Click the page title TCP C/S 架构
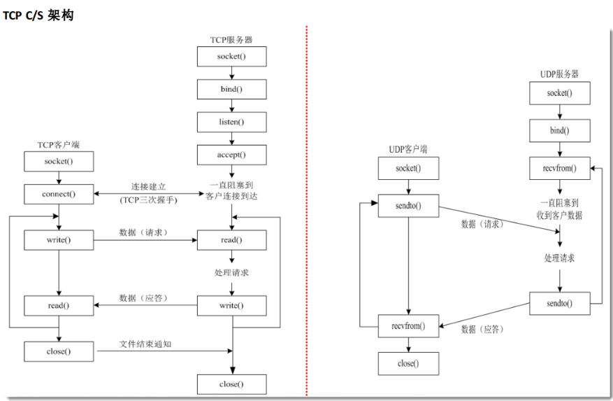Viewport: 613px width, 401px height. tap(39, 15)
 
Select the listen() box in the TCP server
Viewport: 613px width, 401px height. tap(231, 122)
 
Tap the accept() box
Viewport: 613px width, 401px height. tap(231, 154)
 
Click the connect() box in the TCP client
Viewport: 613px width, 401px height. tap(59, 194)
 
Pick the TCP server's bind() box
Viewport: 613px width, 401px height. tap(231, 89)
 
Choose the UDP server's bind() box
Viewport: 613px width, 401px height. tap(560, 130)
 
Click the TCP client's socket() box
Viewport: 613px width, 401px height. tap(59, 161)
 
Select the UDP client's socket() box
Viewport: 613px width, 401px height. tap(408, 169)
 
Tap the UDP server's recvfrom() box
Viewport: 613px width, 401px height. tap(560, 168)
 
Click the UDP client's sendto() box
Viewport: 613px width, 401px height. tap(408, 206)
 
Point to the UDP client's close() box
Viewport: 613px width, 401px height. tap(408, 363)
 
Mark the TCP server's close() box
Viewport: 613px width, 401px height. tap(231, 384)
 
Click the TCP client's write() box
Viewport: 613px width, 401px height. tap(59, 240)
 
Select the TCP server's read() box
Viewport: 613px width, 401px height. tap(231, 240)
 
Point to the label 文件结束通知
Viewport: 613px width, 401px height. tap(145, 343)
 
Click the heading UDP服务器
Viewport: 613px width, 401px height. tap(560, 74)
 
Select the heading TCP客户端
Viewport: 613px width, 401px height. tap(59, 145)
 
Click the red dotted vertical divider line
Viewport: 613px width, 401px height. tap(306, 210)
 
